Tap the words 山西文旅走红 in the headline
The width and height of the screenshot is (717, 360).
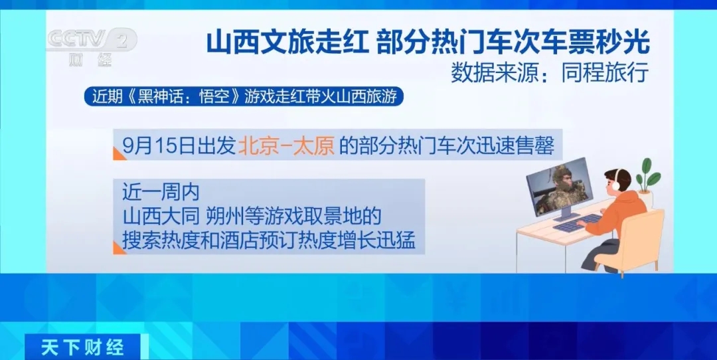tap(287, 43)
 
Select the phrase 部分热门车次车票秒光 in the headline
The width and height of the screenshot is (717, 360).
tap(513, 43)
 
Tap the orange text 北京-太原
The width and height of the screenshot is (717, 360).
tap(287, 146)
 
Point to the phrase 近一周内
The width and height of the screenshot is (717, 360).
tap(161, 193)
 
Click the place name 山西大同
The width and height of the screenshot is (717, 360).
tap(161, 217)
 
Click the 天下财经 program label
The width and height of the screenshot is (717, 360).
tap(83, 348)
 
